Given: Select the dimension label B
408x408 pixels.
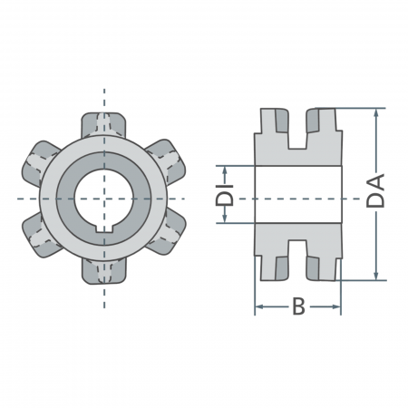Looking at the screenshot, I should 297,308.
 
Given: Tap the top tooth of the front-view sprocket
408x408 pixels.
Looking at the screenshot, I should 104,123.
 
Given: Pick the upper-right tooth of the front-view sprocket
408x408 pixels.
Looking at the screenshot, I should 168,160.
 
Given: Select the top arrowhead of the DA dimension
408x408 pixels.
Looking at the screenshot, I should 376,113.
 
